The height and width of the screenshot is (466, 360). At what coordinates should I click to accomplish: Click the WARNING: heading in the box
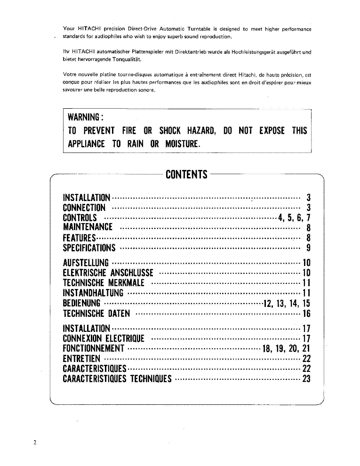click(85, 117)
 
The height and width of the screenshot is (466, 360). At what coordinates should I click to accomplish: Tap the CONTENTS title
click(186, 175)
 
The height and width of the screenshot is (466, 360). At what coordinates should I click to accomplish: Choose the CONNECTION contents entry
click(84, 208)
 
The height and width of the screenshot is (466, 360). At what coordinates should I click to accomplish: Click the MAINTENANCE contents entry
click(88, 227)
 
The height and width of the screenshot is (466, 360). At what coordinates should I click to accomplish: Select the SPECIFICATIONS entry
click(89, 248)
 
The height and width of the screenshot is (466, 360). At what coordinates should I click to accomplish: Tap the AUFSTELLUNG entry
click(86, 263)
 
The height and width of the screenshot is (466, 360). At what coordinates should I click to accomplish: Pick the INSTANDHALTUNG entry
click(93, 293)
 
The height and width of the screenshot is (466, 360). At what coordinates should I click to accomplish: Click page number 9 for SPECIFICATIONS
click(308, 248)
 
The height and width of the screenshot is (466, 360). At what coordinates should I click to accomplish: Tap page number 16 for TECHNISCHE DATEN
click(306, 313)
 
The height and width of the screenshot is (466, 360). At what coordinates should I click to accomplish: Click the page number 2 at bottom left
click(35, 443)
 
